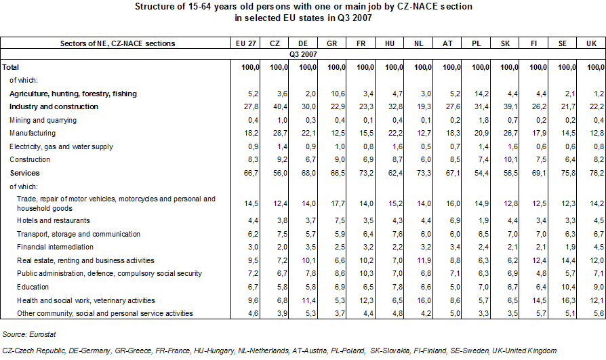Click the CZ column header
[x=275, y=43]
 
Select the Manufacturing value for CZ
[x=279, y=134]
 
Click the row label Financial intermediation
[x=56, y=247]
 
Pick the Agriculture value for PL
[x=481, y=94]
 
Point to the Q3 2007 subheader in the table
[x=303, y=53]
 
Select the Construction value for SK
[x=510, y=160]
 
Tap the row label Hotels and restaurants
[x=52, y=220]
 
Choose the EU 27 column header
[x=245, y=43]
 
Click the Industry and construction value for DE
[x=308, y=106]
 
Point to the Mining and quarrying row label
[x=43, y=120]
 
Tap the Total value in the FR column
[x=365, y=67]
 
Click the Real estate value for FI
[x=538, y=260]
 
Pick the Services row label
[x=26, y=173]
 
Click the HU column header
[x=390, y=43]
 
